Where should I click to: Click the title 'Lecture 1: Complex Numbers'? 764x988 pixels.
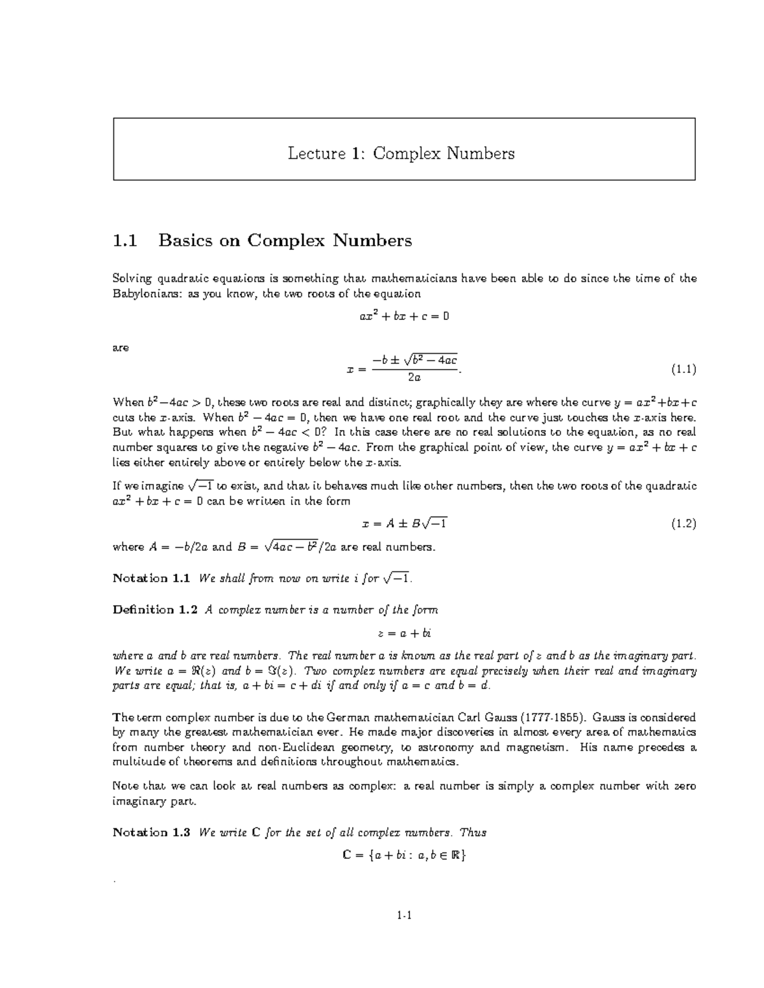click(x=401, y=153)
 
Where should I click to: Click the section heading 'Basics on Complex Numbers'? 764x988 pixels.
click(x=285, y=240)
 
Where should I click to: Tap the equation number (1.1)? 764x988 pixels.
click(x=683, y=369)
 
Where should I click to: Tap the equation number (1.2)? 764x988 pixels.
click(x=683, y=524)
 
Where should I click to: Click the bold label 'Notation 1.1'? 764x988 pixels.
click(x=152, y=578)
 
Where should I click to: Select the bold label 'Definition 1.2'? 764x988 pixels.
click(x=155, y=609)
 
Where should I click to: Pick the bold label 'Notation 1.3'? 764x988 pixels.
click(x=152, y=832)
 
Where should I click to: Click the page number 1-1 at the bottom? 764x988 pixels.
click(x=404, y=916)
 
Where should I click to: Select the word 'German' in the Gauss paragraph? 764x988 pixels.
click(x=364, y=717)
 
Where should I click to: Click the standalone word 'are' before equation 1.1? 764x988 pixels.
click(x=120, y=348)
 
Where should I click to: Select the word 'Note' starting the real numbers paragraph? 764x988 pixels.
click(x=125, y=786)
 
